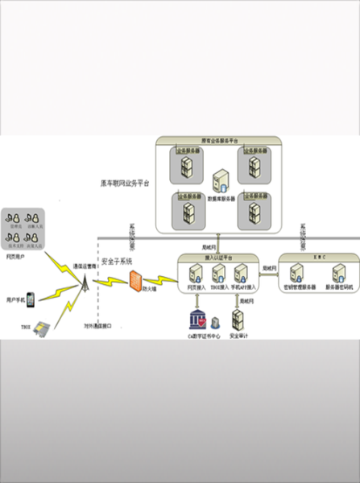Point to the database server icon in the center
coord(217,183)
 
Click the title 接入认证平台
coord(217,256)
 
